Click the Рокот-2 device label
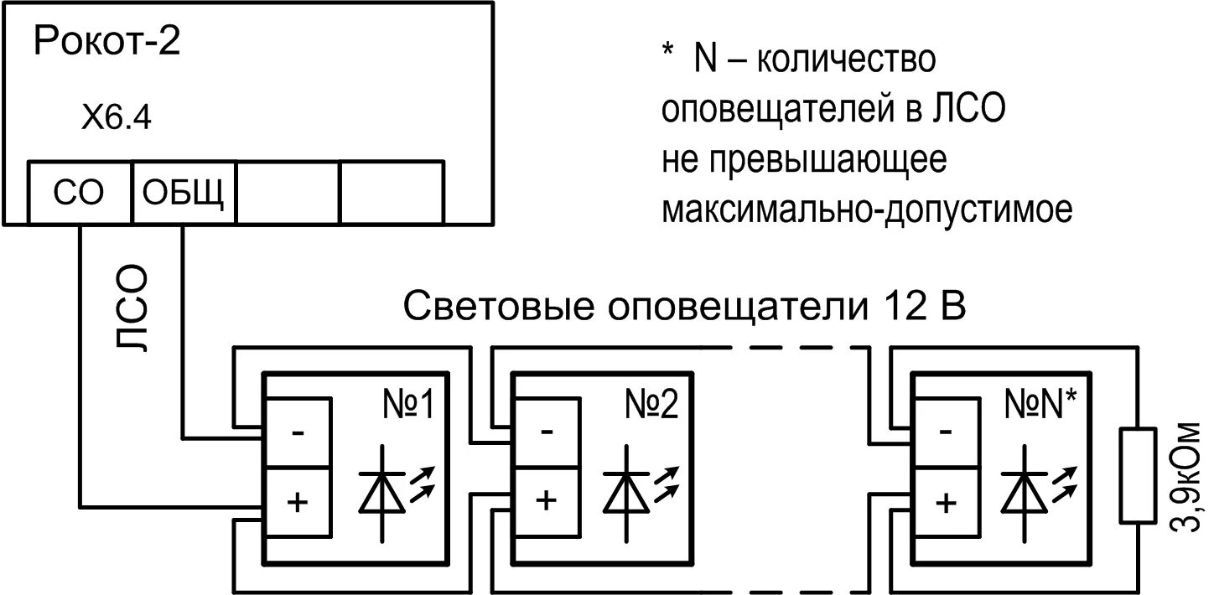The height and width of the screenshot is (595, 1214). [106, 42]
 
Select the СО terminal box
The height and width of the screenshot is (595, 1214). [80, 193]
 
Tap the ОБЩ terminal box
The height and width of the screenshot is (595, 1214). [183, 193]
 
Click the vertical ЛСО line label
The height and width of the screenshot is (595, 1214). [132, 310]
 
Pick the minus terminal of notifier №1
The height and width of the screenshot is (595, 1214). [298, 433]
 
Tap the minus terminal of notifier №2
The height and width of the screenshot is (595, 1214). [546, 433]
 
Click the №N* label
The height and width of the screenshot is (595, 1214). [1040, 406]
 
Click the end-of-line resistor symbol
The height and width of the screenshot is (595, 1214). [1138, 474]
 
